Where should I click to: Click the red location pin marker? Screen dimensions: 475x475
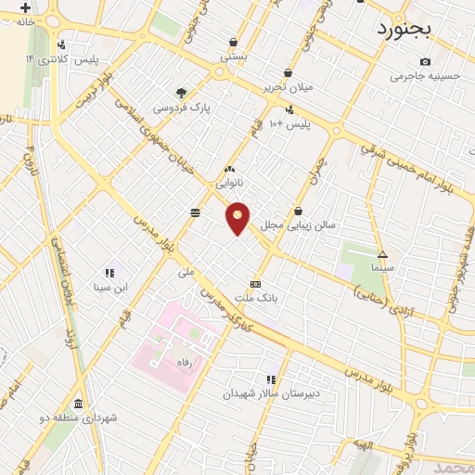tap(237, 218)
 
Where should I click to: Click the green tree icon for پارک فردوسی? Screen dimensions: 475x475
tap(182, 92)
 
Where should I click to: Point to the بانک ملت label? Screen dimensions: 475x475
tap(256, 298)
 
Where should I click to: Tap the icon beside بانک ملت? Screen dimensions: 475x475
tap(255, 284)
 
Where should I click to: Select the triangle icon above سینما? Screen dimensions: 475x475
tap(382, 253)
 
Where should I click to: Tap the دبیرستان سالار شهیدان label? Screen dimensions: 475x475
tap(270, 393)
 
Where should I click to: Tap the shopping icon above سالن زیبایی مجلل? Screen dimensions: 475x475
tap(298, 211)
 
